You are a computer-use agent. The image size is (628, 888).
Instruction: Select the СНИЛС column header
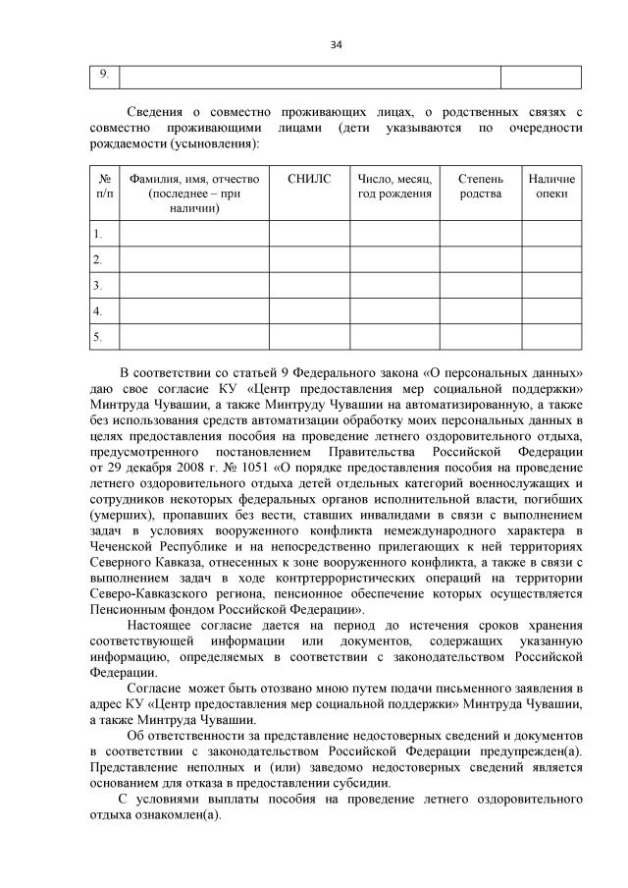309,179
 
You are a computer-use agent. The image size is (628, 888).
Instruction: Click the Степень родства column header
481,186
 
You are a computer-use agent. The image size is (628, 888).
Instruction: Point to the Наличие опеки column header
551,186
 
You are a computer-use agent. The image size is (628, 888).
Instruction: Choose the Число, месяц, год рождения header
394,186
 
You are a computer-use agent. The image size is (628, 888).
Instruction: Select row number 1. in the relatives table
98,234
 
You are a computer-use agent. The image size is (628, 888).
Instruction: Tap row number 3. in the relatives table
98,286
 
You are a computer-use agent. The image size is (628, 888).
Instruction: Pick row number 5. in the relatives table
98,337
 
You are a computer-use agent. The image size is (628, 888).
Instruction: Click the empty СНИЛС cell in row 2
309,259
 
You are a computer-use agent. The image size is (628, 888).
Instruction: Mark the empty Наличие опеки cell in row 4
551,311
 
